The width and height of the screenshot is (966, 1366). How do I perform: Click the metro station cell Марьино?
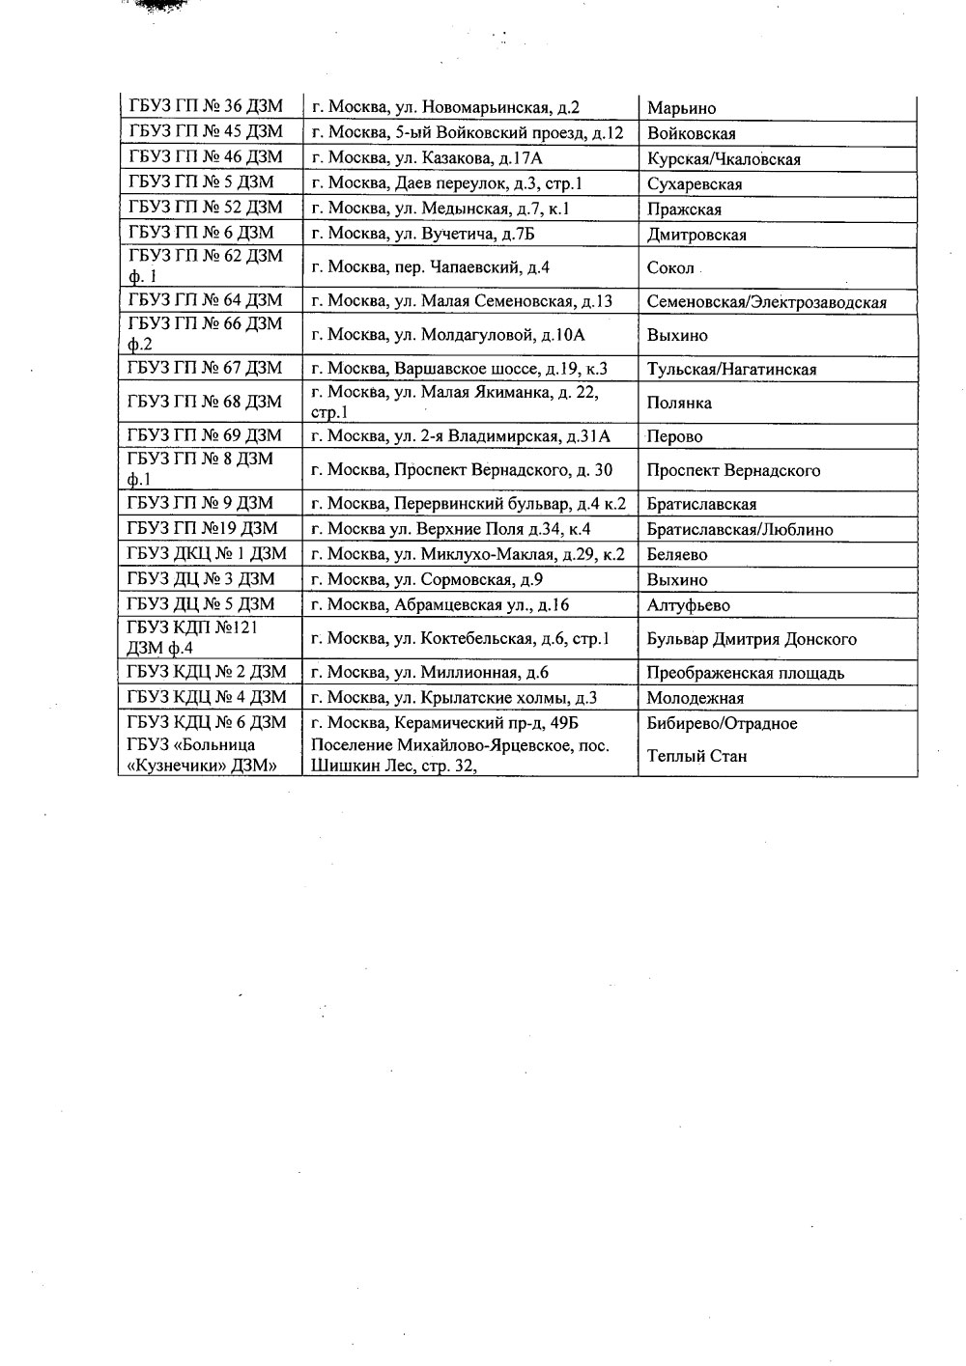682,108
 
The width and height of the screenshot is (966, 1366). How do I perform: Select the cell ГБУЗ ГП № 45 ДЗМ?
206,132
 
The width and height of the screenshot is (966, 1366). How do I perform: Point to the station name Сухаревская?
695,184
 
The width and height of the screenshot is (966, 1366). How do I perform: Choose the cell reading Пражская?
684,209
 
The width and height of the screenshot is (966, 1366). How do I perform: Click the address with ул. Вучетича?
423,234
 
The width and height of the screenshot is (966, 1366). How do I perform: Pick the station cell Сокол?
670,268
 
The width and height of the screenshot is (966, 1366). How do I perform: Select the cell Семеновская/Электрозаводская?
766,302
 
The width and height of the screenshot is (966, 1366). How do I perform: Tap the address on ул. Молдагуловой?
448,335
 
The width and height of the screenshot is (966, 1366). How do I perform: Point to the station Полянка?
679,403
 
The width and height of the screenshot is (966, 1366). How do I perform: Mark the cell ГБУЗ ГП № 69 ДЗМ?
206,435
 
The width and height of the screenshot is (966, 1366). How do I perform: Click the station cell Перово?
675,436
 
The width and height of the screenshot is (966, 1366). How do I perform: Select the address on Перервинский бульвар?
469,503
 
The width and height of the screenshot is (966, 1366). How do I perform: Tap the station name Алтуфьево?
689,605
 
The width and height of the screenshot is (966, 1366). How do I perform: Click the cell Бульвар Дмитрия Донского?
752,639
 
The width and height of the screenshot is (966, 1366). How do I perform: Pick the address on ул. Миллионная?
431,673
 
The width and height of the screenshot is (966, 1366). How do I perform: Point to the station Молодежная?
696,698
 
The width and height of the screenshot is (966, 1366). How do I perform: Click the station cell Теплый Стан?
696,756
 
